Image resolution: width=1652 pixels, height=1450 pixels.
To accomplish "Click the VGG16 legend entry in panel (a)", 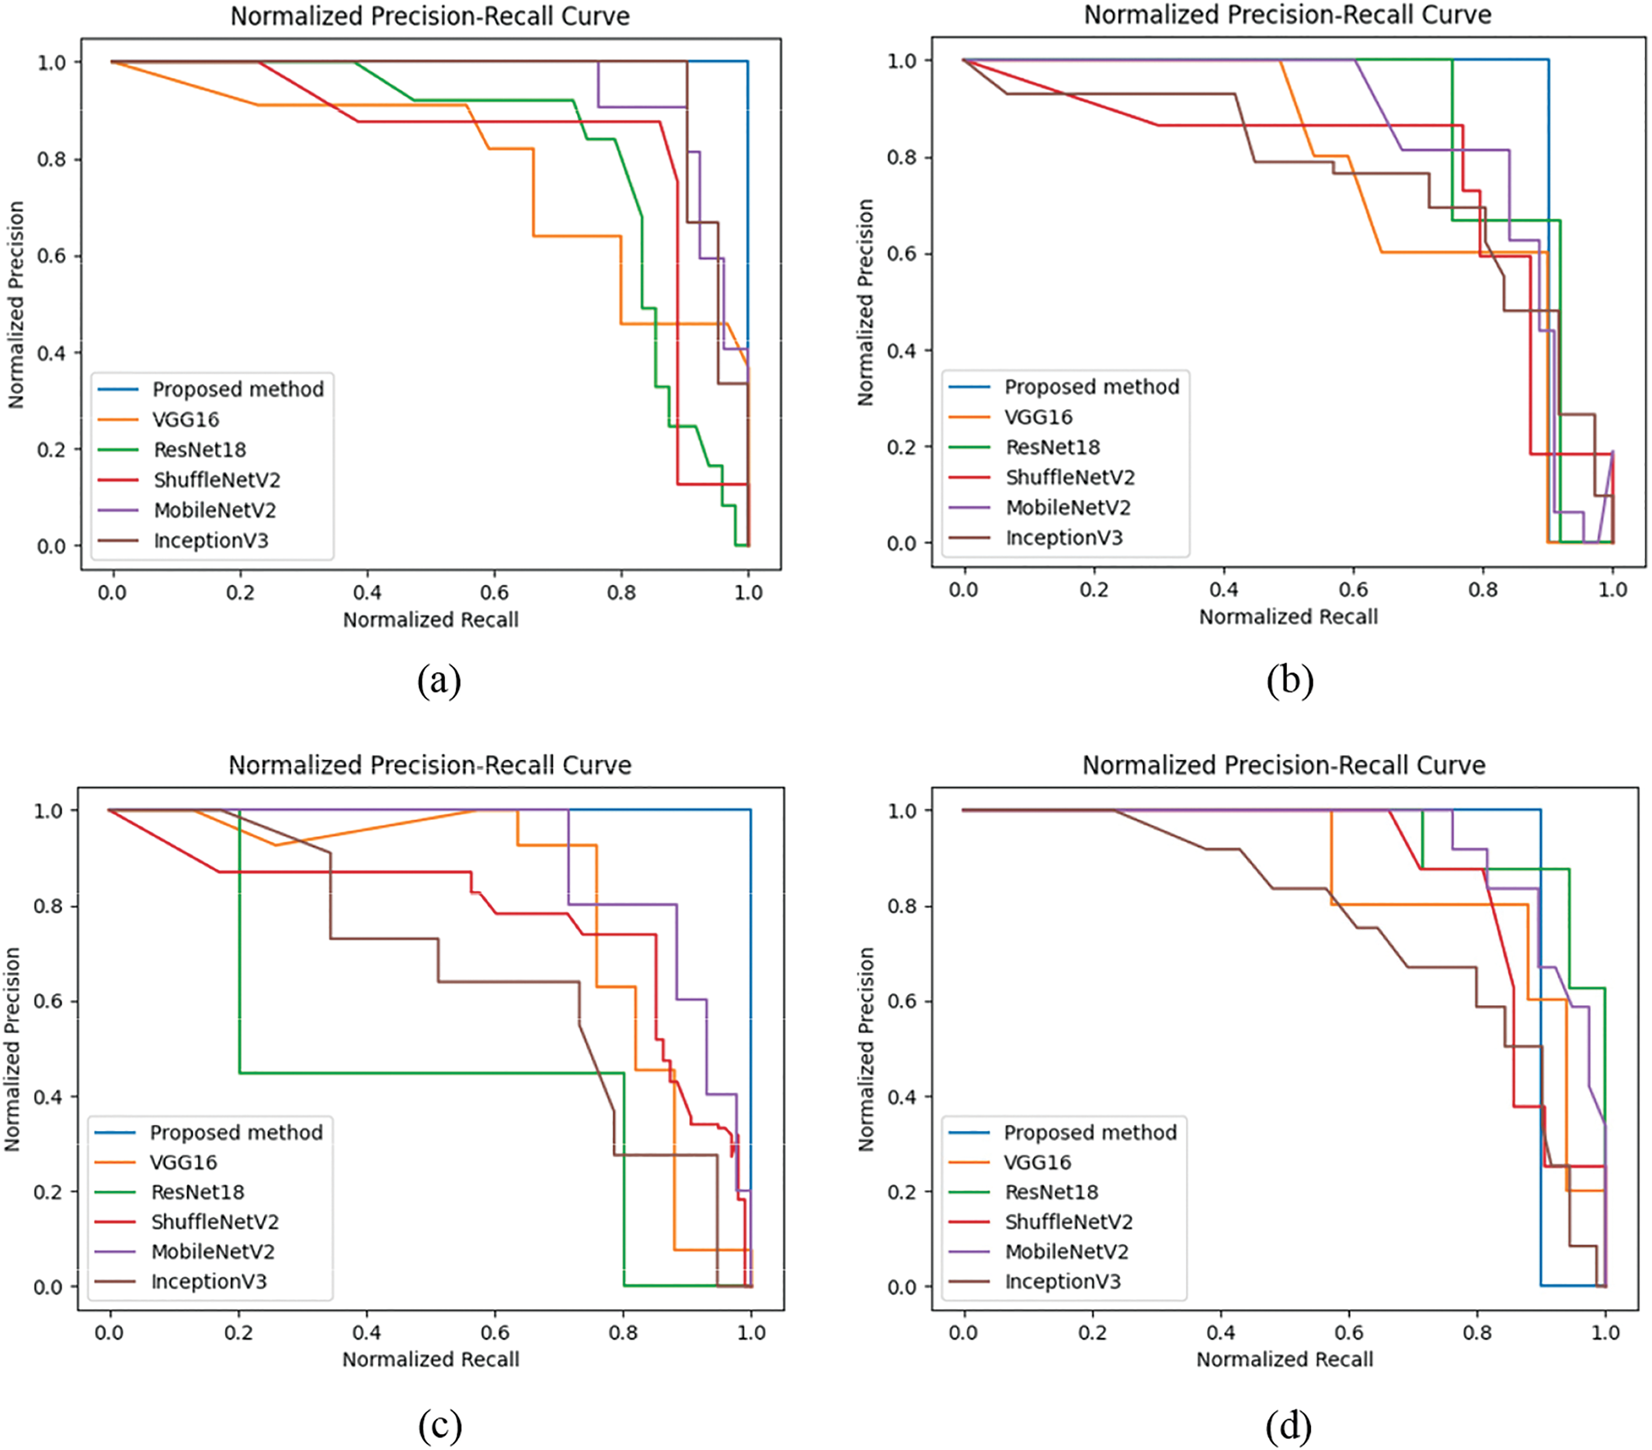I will click(186, 419).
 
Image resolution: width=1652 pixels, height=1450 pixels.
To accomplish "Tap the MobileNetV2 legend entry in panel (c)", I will click(213, 1251).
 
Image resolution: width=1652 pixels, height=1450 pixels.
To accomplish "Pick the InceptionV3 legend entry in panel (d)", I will click(1063, 1281).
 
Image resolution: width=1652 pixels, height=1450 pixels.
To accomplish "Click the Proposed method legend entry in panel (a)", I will click(238, 389).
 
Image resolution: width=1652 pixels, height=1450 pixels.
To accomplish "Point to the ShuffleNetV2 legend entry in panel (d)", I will click(1069, 1222).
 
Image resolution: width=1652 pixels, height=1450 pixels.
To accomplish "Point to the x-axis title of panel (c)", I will click(431, 1360).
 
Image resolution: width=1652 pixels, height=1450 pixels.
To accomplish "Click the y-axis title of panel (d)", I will click(866, 1049).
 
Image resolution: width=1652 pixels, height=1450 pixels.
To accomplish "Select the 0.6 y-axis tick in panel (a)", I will click(52, 256).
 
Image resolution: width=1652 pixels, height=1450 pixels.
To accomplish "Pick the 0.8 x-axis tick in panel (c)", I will click(623, 1332).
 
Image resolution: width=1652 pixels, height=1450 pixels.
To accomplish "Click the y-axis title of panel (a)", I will click(16, 305).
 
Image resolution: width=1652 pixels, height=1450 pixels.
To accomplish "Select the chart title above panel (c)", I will click(430, 765).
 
